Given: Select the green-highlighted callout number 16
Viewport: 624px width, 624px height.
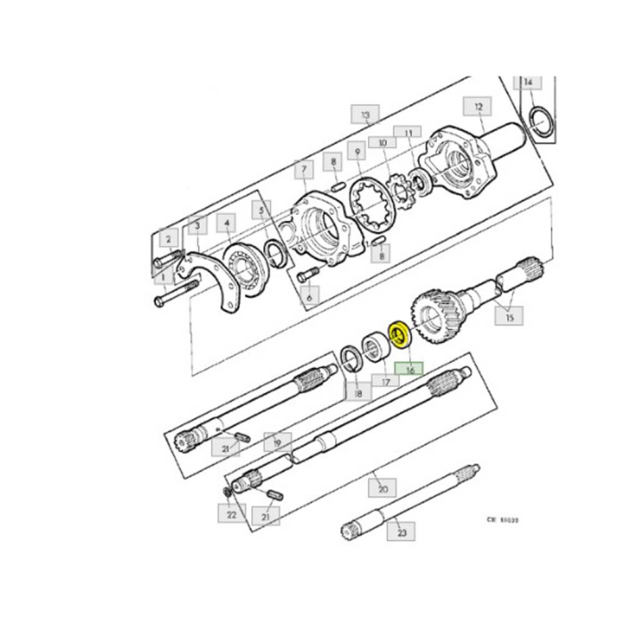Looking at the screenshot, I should click(x=411, y=367).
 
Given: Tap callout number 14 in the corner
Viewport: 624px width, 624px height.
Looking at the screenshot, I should click(x=529, y=82).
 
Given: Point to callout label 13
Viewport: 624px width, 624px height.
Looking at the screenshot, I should click(x=365, y=116).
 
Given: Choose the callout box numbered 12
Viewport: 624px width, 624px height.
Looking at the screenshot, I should click(x=479, y=107).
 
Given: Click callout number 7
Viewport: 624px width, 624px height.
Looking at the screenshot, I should click(x=304, y=168).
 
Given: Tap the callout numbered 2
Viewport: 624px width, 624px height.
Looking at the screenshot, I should click(x=167, y=239).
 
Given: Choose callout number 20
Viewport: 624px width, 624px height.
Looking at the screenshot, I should click(x=382, y=489).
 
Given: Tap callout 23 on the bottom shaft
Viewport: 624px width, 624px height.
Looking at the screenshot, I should click(x=401, y=533).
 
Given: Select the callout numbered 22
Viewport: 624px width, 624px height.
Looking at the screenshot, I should click(x=231, y=513).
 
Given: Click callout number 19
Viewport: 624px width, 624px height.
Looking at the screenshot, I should click(x=277, y=441).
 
